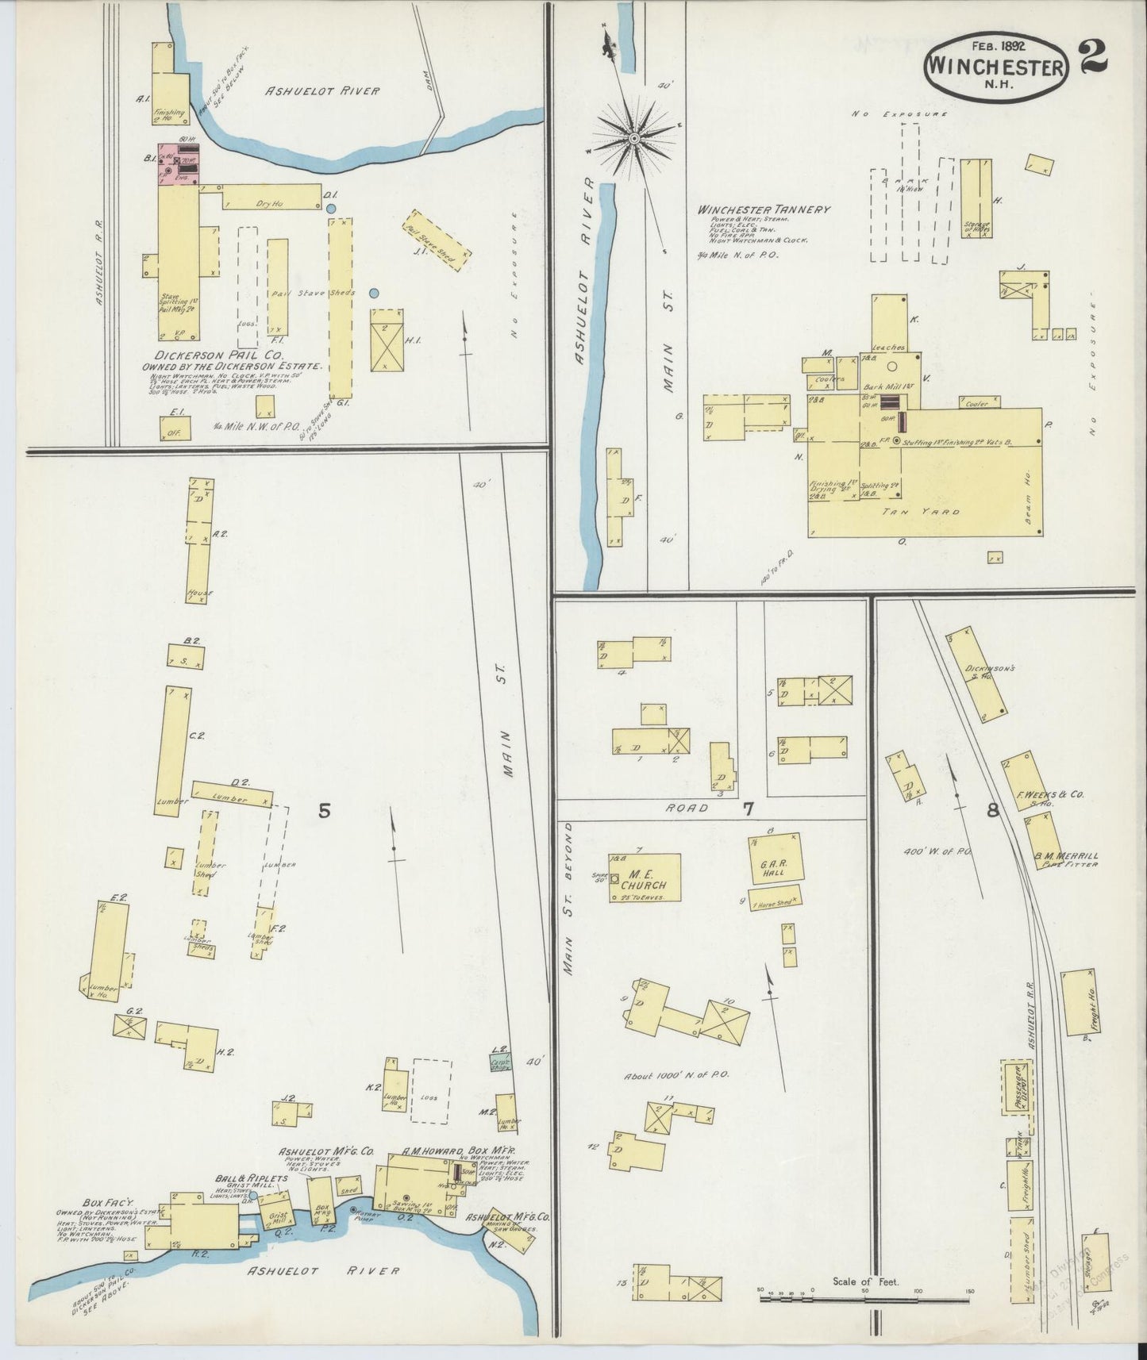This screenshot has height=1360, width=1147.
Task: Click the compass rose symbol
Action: pyautogui.click(x=634, y=139)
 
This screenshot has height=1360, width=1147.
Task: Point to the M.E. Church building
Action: pyautogui.click(x=645, y=878)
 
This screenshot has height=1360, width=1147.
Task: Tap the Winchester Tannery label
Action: pyautogui.click(x=764, y=209)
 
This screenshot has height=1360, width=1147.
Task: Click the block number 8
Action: pyautogui.click(x=992, y=810)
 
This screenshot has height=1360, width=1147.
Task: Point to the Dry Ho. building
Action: pyautogui.click(x=270, y=198)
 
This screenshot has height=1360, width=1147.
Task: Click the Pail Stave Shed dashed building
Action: pyautogui.click(x=438, y=239)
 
